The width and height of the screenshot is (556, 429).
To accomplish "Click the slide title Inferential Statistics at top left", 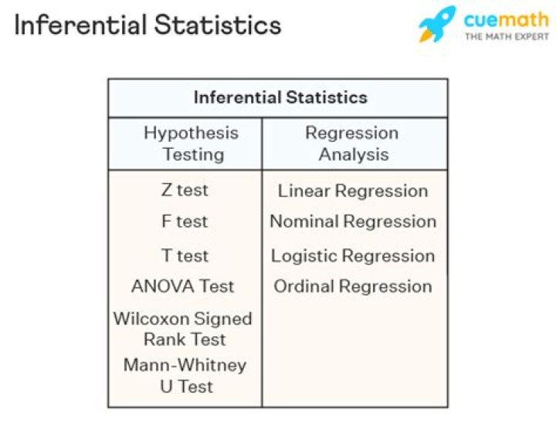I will click(x=147, y=25).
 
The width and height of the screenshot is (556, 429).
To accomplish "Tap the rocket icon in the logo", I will click(x=437, y=25).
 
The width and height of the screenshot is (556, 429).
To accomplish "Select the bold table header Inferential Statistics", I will click(x=280, y=97).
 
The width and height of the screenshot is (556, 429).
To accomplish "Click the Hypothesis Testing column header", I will click(x=191, y=144).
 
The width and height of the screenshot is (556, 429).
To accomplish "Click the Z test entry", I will click(x=185, y=190).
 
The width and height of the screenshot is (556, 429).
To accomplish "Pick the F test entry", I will click(x=185, y=221).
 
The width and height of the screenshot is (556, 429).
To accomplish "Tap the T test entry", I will click(x=185, y=255).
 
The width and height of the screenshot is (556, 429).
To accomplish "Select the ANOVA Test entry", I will click(x=182, y=286).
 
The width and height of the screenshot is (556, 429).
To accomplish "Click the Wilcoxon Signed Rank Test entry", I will click(x=183, y=329).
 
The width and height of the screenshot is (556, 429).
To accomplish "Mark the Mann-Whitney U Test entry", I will click(x=185, y=375).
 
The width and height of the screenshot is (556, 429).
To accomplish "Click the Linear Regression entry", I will click(x=352, y=191).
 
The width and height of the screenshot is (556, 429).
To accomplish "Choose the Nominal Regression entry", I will click(x=353, y=221).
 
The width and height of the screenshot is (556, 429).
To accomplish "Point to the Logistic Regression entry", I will click(x=353, y=255).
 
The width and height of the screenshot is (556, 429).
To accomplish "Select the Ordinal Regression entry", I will click(x=353, y=286).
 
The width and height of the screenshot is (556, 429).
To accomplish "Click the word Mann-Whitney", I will click(x=185, y=365).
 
